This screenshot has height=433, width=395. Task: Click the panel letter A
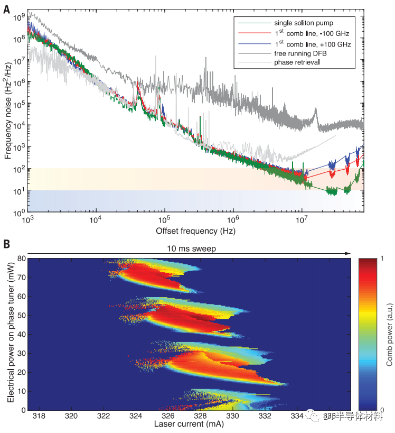tap(7, 8)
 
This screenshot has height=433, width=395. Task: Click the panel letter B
tap(7, 244)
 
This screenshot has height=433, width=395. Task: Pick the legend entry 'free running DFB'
tap(298, 54)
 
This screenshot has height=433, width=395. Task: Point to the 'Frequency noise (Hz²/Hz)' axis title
tap(8, 112)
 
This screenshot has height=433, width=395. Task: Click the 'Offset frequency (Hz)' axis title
tap(195, 231)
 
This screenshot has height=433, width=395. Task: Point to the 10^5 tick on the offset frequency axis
tap(164, 219)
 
